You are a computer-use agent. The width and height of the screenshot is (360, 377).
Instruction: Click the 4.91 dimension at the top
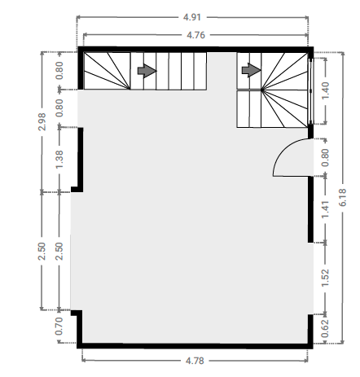click(x=192, y=17)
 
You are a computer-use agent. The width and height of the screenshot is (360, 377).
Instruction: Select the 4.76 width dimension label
click(x=195, y=35)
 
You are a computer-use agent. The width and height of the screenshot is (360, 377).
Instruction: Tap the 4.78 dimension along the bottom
click(x=195, y=361)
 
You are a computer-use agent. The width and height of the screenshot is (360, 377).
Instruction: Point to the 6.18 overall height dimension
click(x=343, y=197)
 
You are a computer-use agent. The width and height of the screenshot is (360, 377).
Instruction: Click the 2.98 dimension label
click(x=42, y=122)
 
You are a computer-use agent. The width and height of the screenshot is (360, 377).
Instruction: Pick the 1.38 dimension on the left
click(x=59, y=160)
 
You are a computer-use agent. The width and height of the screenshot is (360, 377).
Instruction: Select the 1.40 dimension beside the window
click(x=325, y=90)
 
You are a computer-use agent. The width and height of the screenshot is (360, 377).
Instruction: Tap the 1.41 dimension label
click(x=325, y=209)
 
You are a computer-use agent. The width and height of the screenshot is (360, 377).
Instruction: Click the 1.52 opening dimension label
click(x=325, y=278)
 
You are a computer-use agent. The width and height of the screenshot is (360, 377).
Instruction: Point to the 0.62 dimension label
click(x=325, y=328)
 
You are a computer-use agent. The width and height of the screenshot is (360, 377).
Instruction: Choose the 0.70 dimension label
click(x=59, y=326)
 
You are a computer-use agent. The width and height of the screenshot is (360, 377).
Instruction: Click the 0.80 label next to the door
click(x=325, y=158)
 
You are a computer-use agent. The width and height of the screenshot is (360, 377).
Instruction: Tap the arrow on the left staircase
click(x=147, y=71)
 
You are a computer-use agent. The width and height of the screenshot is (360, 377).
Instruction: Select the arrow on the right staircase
click(x=251, y=70)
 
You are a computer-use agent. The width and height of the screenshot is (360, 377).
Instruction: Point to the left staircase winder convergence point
click(x=130, y=89)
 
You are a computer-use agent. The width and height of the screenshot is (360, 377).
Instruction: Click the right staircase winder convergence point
click(x=262, y=90)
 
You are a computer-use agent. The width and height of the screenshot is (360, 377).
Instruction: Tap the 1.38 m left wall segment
click(x=81, y=160)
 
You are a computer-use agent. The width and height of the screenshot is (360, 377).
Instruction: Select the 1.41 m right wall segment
click(x=310, y=209)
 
